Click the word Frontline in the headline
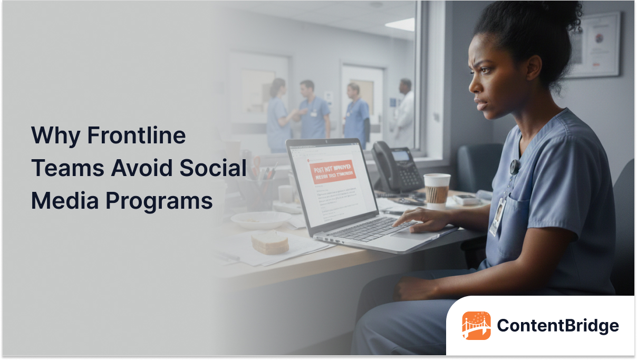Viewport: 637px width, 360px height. coord(136,136)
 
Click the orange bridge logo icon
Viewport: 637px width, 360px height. coord(476,325)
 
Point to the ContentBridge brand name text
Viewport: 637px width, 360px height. coord(558,326)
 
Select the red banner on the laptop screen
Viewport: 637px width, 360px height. coord(333,171)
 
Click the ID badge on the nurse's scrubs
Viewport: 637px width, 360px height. coord(497,216)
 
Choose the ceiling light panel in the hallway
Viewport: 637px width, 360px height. coord(400,24)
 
